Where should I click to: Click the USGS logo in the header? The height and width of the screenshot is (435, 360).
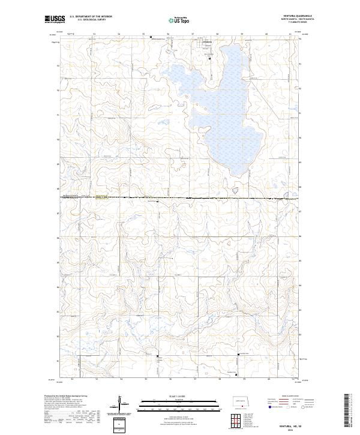55,19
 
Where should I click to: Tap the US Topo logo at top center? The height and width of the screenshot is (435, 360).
178,20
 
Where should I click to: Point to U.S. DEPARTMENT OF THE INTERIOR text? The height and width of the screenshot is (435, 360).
91,17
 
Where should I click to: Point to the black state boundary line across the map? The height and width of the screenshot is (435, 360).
180,197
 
